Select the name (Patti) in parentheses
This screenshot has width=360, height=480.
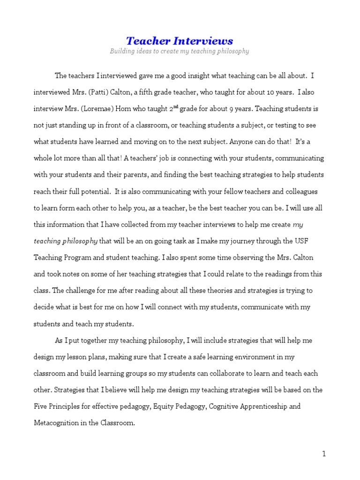[x=101, y=92]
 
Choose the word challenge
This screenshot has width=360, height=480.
[x=85, y=291]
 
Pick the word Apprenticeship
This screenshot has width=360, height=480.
[x=262, y=406]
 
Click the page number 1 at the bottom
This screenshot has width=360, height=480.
[x=323, y=453]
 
